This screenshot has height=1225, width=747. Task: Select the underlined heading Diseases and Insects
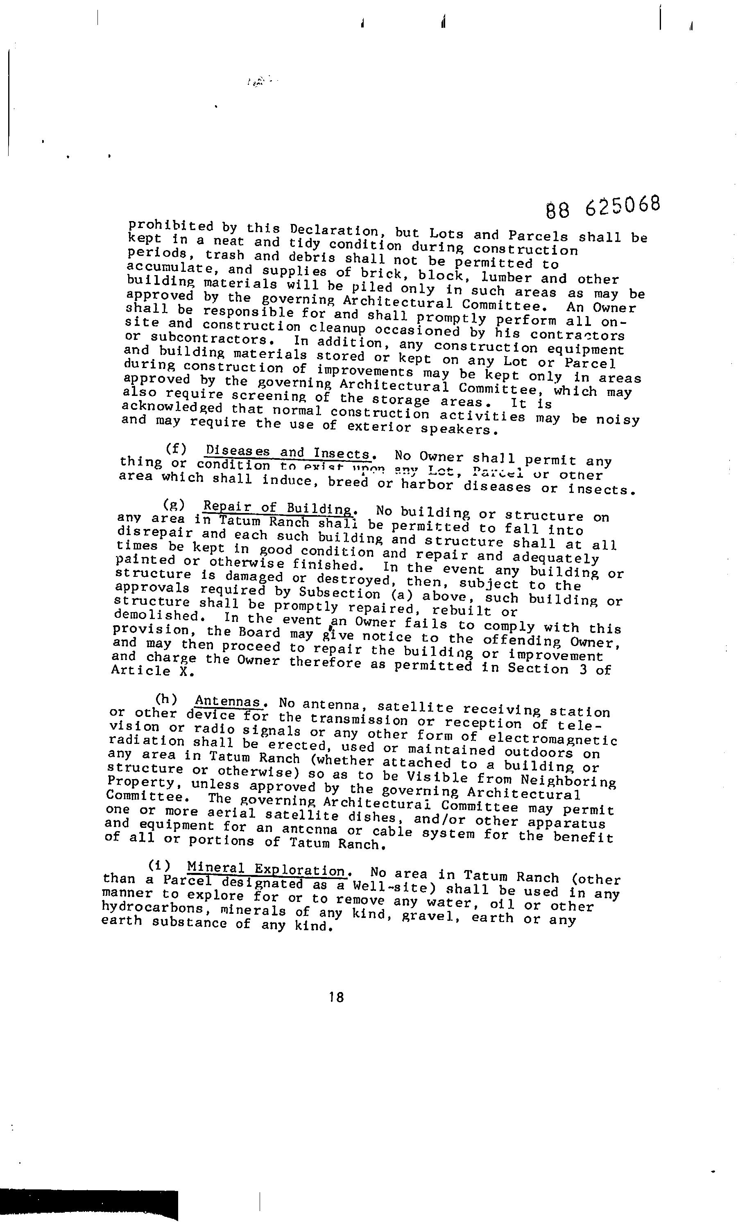(x=288, y=452)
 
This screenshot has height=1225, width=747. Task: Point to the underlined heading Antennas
(x=228, y=701)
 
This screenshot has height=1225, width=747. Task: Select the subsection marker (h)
(x=167, y=698)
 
